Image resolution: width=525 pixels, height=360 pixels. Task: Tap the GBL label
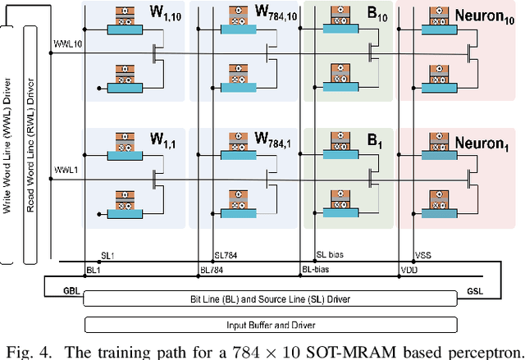click(x=60, y=290)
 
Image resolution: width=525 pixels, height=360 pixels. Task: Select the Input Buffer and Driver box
click(x=270, y=324)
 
